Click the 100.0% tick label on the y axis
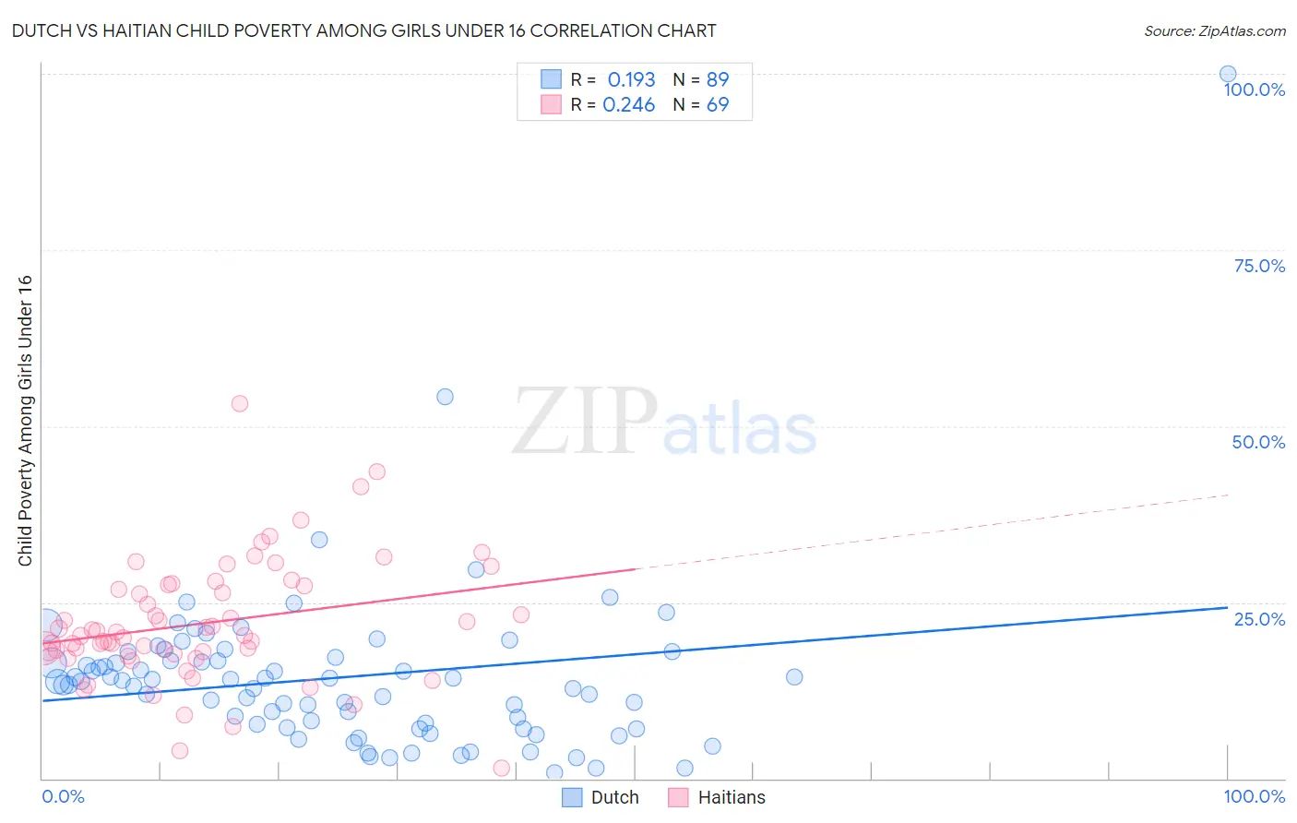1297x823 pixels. pos(1254,89)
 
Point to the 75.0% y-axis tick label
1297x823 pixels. pos(1259,266)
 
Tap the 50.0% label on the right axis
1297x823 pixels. pos(1258,442)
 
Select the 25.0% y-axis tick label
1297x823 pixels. pos(1259,619)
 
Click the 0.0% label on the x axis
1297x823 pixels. pos(63,796)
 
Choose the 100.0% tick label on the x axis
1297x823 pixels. pos(1254,796)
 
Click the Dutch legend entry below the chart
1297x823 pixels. pos(614,797)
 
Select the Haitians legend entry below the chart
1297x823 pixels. pos(732,797)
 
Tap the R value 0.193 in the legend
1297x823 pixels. pos(631,80)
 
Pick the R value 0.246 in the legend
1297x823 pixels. pos(628,105)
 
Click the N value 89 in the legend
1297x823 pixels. pos(718,80)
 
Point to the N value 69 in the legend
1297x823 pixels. pos(718,105)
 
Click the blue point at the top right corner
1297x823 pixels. pos(1228,74)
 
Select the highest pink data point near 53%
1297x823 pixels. pos(240,403)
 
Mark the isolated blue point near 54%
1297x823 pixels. pos(445,397)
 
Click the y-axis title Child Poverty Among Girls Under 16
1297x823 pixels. pos(25,421)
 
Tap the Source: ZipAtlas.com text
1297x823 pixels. pos(1214,31)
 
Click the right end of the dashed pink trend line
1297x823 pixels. pos(1228,495)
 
